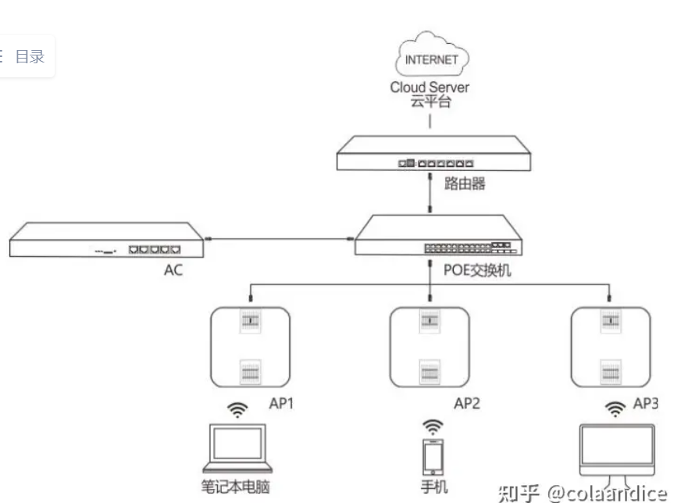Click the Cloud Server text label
click(x=430, y=87)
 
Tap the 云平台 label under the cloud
click(x=430, y=102)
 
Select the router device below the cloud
click(x=433, y=153)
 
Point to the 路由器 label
click(x=465, y=184)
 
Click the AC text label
click(x=173, y=272)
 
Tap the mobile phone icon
click(x=432, y=457)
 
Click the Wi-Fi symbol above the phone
click(x=432, y=426)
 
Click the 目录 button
click(x=30, y=56)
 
